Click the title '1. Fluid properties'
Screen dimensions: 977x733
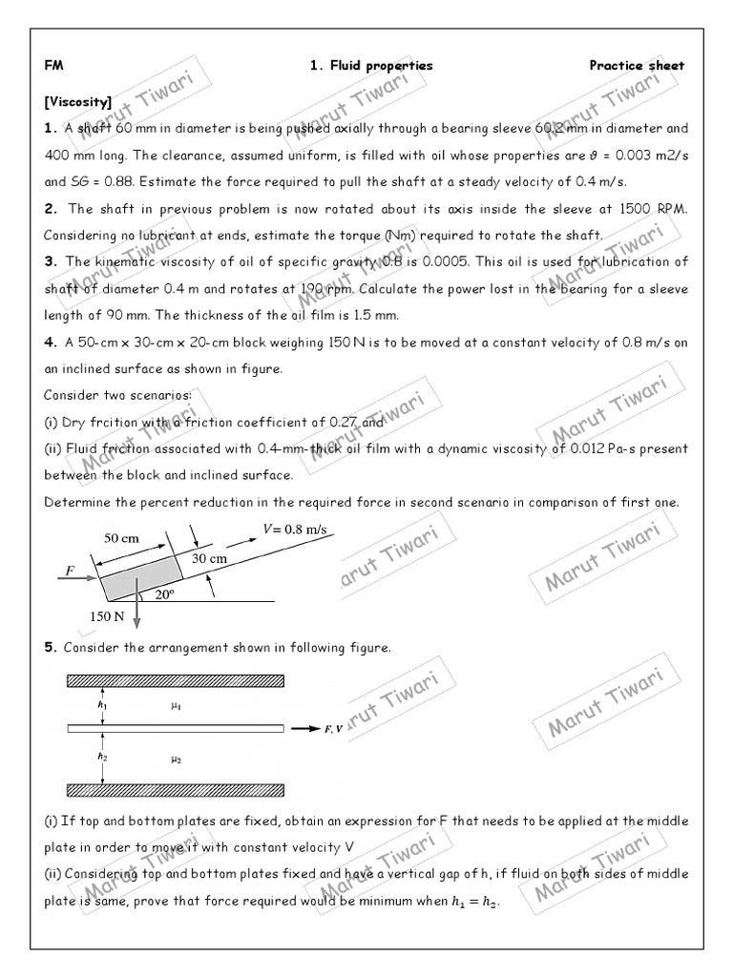coord(371,66)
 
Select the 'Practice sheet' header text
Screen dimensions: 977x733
coord(637,66)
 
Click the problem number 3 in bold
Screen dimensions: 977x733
coord(50,261)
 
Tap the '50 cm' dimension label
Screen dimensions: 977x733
coord(121,538)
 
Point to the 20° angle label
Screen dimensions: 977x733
coord(163,592)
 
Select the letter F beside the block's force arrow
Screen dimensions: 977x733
coord(69,570)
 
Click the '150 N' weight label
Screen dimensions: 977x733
coord(107,616)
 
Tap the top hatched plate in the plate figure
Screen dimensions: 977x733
coord(175,681)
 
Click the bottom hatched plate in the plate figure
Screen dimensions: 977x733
coord(175,789)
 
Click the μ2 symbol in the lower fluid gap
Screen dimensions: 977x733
coord(175,759)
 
